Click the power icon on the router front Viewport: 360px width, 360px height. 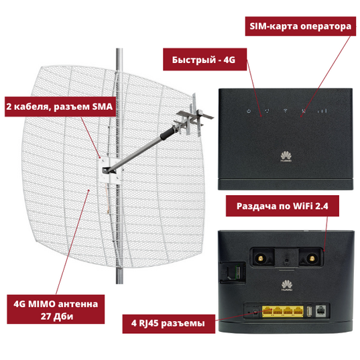249,111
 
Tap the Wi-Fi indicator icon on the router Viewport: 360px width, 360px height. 286,111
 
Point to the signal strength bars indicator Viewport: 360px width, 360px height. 322,111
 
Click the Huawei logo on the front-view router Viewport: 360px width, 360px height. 286,157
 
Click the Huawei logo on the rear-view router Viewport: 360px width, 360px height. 287,286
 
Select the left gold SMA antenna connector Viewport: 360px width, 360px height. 261,259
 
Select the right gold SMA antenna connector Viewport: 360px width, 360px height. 312,259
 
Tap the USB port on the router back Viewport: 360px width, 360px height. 309,311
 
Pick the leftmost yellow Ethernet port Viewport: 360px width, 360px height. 267,311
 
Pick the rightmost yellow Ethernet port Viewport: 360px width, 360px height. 298,311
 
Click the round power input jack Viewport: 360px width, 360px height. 255,312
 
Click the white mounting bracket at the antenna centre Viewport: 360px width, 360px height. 110,170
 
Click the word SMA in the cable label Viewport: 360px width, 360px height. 103,107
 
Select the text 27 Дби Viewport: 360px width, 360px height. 57,316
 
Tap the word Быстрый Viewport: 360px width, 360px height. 194,60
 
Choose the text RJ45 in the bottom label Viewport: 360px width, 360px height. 148,323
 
